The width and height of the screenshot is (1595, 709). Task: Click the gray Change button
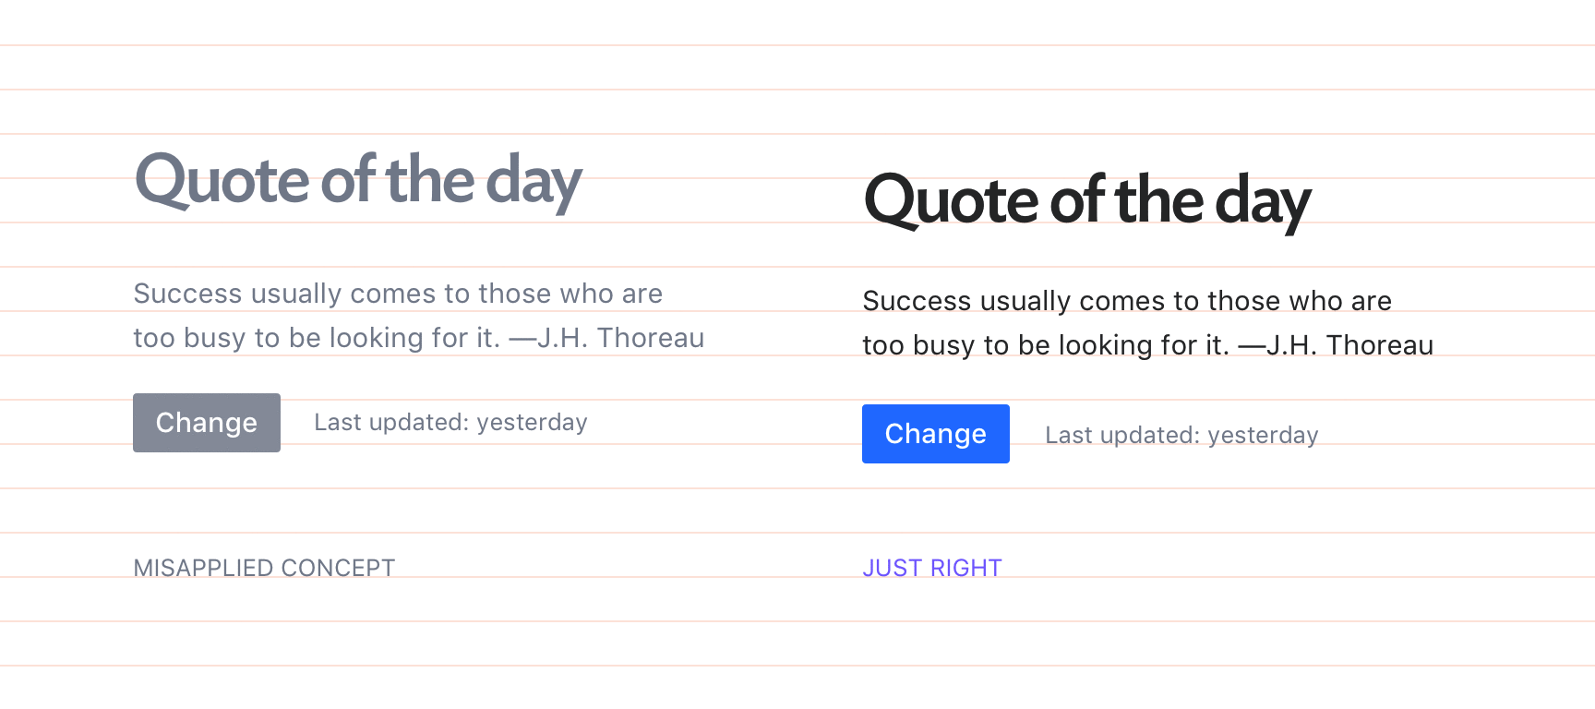207,423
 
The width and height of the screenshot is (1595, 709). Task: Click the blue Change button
936,434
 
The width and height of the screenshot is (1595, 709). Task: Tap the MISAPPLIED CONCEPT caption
264,568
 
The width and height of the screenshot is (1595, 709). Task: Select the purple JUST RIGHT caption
932,568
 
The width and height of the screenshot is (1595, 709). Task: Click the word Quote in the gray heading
222,181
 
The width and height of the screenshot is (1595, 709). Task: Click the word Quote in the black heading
952,201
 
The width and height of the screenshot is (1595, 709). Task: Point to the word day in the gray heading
534,183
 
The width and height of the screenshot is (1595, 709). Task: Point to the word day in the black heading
1264,203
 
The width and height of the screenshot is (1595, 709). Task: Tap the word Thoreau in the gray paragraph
651,338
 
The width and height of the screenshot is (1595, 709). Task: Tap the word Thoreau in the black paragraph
1380,345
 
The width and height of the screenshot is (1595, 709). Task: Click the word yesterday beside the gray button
532,424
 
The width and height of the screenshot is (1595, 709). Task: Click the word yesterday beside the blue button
1263,437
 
